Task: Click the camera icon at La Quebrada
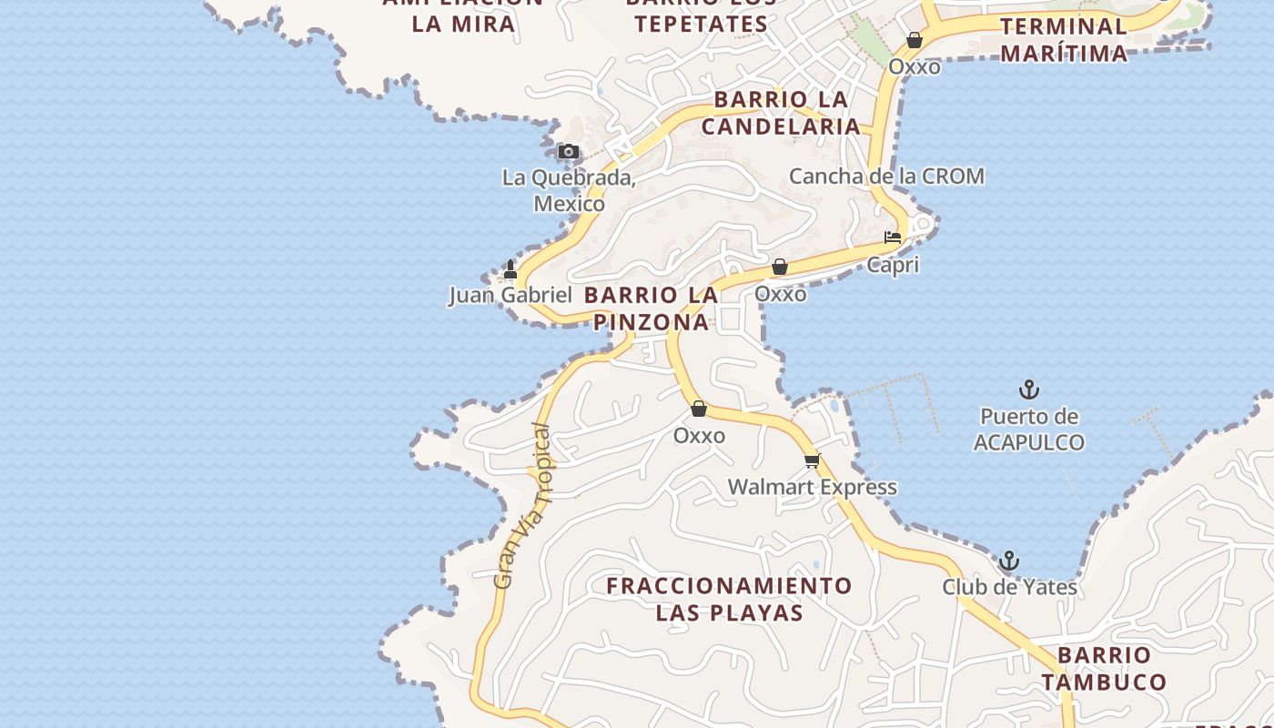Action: tap(568, 152)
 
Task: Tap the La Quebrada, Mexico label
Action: tap(569, 190)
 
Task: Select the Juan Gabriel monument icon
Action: tap(511, 269)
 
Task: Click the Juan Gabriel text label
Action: tap(510, 295)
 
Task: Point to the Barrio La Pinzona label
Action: tap(651, 308)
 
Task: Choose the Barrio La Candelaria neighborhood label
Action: tap(781, 113)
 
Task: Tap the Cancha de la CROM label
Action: tap(886, 176)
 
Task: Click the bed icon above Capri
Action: tap(893, 238)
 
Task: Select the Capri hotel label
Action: tap(892, 265)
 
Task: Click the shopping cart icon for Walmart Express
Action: tap(812, 461)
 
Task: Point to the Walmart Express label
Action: tap(812, 488)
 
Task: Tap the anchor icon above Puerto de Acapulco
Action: tap(1028, 390)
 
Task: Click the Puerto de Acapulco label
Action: tap(1028, 430)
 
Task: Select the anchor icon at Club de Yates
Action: tap(1008, 561)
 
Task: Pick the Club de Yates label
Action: tap(1009, 587)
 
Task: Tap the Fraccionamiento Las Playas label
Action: tap(729, 598)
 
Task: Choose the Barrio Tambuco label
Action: tap(1104, 668)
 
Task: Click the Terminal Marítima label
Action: tap(1063, 39)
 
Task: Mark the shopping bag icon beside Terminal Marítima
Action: tap(915, 40)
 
